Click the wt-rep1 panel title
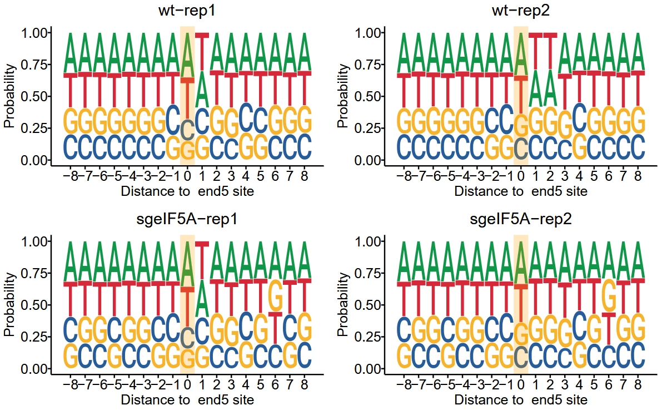click(x=187, y=10)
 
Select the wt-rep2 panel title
click(x=521, y=10)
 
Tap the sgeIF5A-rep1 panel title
click(x=187, y=219)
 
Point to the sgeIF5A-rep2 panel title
click(x=521, y=219)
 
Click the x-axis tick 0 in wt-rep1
click(x=187, y=175)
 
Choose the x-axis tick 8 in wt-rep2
click(x=638, y=175)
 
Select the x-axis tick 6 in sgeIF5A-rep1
click(x=275, y=384)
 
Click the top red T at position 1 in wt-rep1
click(x=202, y=51)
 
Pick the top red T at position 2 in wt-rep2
click(x=550, y=51)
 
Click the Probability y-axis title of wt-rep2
click(x=343, y=96)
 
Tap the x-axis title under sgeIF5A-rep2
click(x=521, y=400)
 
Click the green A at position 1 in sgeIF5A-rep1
click(x=202, y=298)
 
